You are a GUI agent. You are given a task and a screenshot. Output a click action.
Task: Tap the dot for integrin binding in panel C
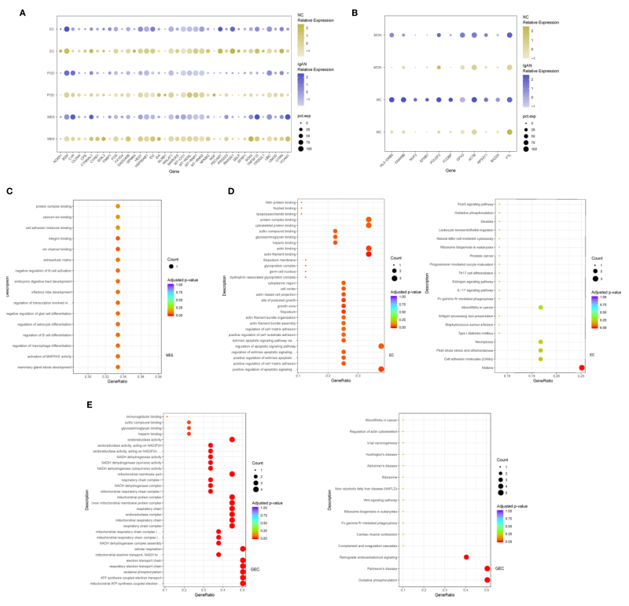pyautogui.click(x=117, y=237)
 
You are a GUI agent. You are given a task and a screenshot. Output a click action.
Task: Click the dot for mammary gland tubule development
pyautogui.click(x=117, y=367)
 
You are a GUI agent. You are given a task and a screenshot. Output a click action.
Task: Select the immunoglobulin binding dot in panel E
pyautogui.click(x=167, y=416)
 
